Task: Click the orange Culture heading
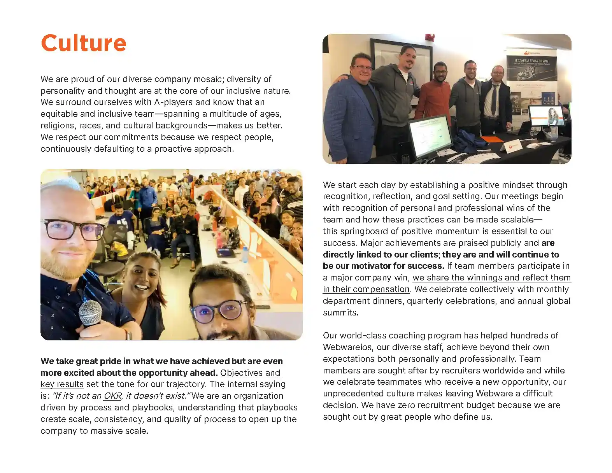pos(84,43)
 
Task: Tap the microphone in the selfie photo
pos(90,314)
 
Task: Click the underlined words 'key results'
pos(62,384)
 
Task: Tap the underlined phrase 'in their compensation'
pos(366,289)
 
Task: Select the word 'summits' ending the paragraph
pos(340,312)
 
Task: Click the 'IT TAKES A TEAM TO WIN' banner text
pos(531,61)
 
